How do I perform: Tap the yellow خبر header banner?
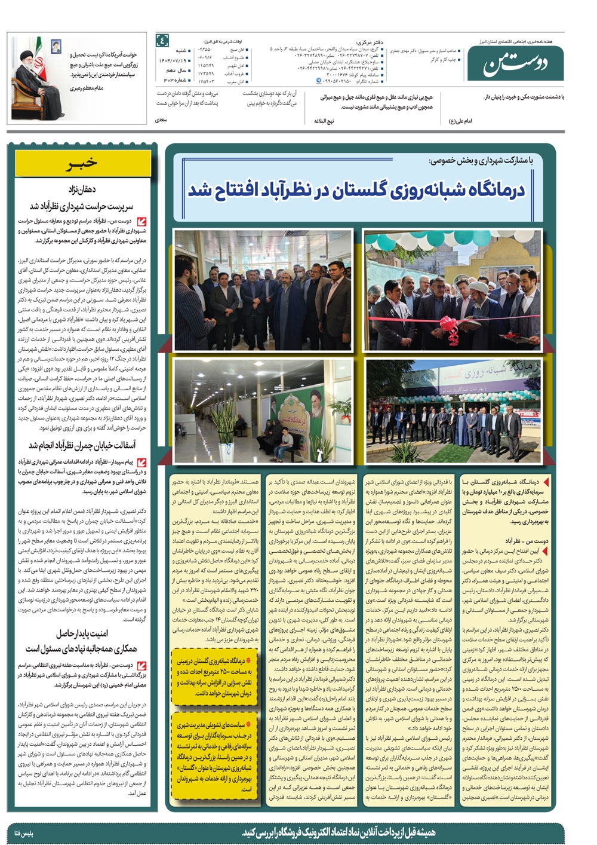pyautogui.click(x=83, y=163)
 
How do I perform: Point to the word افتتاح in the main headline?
pyautogui.click(x=241, y=190)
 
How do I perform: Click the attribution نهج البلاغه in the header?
pyautogui.click(x=324, y=121)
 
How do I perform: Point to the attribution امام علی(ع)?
pyautogui.click(x=460, y=121)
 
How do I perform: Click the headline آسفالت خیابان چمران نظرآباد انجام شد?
pyautogui.click(x=82, y=445)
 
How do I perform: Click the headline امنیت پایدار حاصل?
pyautogui.click(x=82, y=633)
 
